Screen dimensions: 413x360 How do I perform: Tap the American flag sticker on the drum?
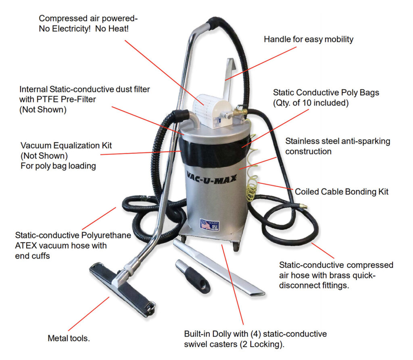[209, 225]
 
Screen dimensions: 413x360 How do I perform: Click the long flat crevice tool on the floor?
[219, 267]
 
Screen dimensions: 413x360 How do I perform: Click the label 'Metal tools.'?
[69, 338]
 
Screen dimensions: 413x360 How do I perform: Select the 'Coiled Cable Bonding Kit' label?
[342, 192]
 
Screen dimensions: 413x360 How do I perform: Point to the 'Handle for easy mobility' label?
[309, 39]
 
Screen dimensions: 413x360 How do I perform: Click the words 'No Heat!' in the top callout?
[112, 29]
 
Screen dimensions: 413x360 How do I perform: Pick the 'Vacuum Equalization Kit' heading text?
[67, 145]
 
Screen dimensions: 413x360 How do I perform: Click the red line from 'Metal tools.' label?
[89, 314]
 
